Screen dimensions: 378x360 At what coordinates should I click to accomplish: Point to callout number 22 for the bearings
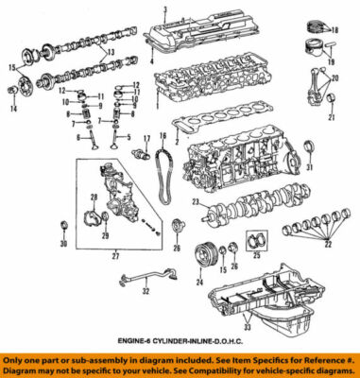click(329, 270)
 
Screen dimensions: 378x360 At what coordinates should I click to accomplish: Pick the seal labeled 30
click(63, 224)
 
